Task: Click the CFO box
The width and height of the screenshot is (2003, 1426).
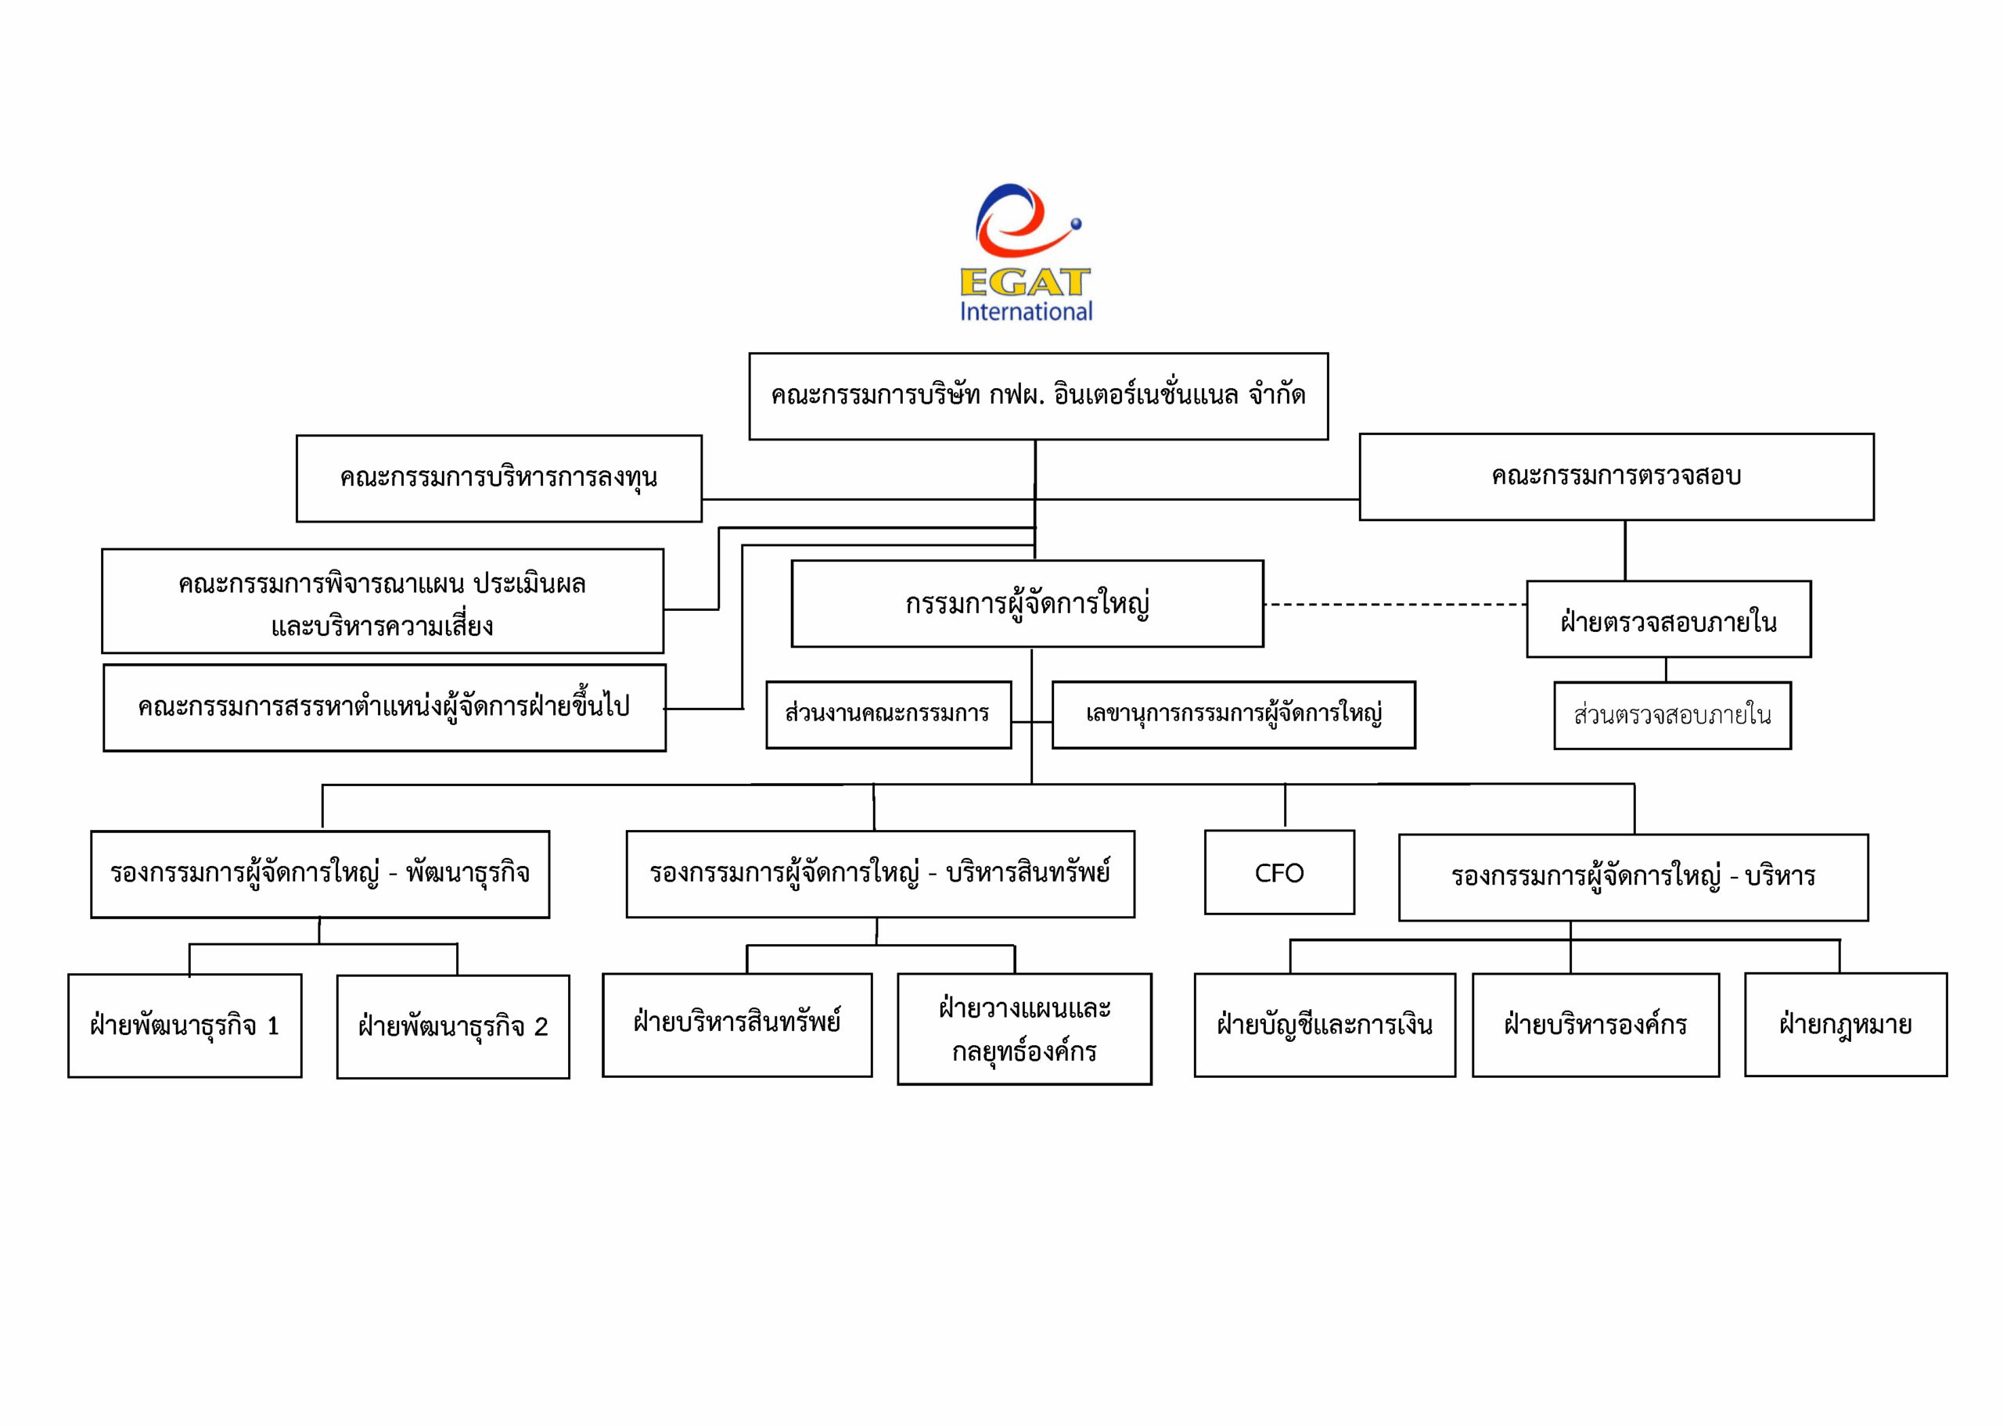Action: point(1278,872)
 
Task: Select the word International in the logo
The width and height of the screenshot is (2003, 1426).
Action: point(1026,312)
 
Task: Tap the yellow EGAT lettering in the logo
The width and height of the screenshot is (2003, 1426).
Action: point(1025,282)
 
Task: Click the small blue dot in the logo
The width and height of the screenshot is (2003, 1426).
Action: point(1076,224)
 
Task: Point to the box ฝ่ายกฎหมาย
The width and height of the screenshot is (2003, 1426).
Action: point(1845,1024)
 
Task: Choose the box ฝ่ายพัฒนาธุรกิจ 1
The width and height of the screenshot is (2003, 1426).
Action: point(185,1025)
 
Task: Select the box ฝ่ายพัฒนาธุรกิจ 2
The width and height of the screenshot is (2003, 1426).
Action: point(452,1025)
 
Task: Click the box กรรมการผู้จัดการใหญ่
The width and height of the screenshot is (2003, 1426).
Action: point(1027,603)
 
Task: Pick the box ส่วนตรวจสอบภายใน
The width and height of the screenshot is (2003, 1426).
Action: point(1672,715)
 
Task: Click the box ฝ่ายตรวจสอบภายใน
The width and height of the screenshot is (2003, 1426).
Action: point(1667,619)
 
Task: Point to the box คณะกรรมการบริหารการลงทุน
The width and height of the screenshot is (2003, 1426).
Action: point(498,478)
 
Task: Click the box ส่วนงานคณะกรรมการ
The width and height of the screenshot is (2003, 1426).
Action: point(888,714)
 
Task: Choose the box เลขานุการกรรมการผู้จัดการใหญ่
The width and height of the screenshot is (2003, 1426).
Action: point(1233,714)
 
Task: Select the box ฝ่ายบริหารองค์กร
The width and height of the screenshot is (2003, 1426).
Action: point(1595,1024)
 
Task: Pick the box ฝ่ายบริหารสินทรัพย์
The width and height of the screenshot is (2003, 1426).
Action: point(737,1024)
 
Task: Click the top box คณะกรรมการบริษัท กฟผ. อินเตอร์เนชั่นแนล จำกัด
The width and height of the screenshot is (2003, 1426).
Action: point(1038,396)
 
